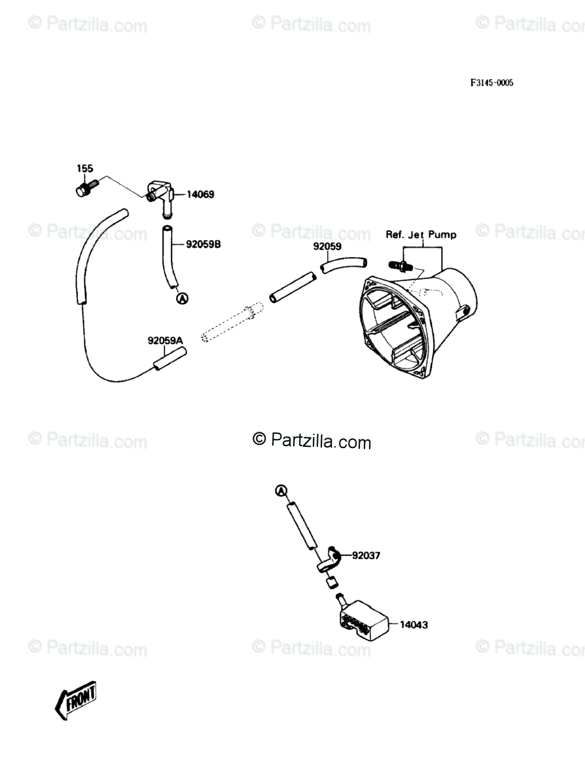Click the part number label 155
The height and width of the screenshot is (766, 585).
coord(85,168)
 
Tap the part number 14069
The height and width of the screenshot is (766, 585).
coord(200,194)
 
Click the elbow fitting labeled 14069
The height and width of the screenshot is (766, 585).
coord(161,195)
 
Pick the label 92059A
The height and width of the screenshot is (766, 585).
coord(166,340)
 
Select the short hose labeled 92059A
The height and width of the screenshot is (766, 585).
coord(170,359)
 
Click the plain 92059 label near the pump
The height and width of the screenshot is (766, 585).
coord(327,247)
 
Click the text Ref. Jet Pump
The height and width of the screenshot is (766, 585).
coord(421,235)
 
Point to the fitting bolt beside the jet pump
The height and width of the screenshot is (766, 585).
coord(399,266)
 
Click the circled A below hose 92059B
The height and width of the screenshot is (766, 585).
coord(183,298)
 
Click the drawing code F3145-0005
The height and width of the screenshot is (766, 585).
coord(491,83)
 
